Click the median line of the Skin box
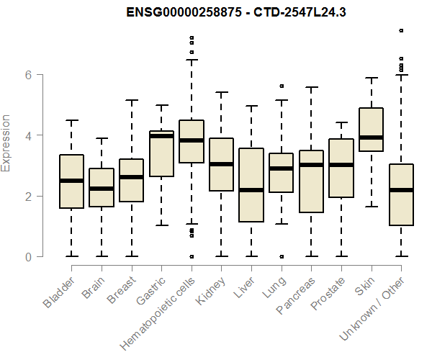click(371, 137)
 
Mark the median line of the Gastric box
click(161, 136)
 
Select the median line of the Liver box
click(251, 190)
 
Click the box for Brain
click(102, 188)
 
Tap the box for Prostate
click(341, 168)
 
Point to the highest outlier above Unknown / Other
click(401, 31)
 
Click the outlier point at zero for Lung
click(281, 256)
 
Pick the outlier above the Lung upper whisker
click(281, 86)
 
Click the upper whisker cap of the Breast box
click(131, 100)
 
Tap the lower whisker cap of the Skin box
click(371, 207)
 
